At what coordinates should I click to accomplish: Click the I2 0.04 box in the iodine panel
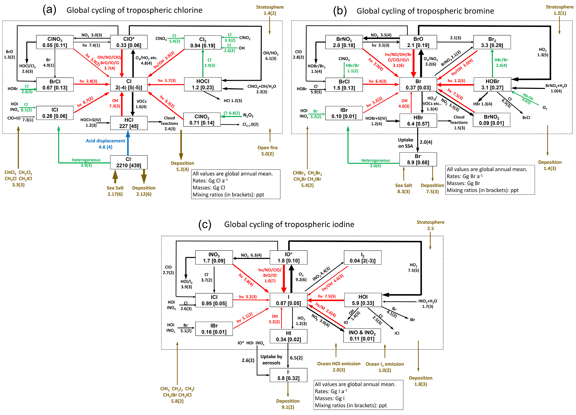click(x=362, y=258)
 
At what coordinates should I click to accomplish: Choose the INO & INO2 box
click(x=362, y=336)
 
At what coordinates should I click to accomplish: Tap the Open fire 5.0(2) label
click(x=267, y=151)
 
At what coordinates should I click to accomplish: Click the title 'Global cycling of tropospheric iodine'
click(x=289, y=224)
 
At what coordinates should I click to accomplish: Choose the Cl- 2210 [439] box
click(x=129, y=162)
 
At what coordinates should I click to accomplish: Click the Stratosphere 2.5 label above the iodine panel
click(x=431, y=225)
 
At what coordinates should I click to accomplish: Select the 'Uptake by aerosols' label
click(x=271, y=360)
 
